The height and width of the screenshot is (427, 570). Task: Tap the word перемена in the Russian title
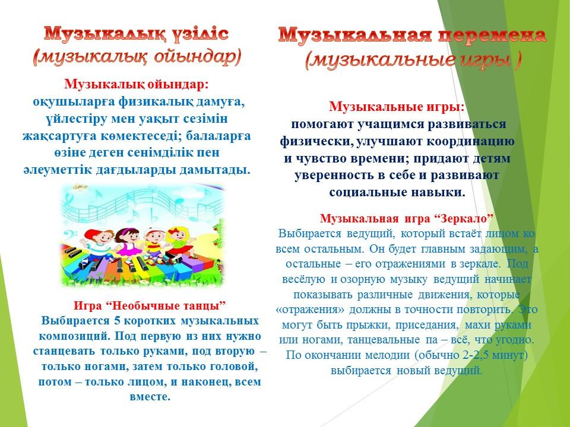point(492,36)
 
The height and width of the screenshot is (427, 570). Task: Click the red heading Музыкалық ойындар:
point(137,84)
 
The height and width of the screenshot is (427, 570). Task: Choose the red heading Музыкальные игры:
point(397,107)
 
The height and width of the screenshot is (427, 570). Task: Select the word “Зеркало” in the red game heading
point(464,219)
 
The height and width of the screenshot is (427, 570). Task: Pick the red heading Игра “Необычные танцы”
point(150,305)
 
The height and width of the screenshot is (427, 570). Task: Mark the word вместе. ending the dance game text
point(150,397)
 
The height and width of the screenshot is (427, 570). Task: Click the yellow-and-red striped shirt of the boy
point(155,246)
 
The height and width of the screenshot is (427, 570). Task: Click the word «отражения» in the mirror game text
point(310,310)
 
